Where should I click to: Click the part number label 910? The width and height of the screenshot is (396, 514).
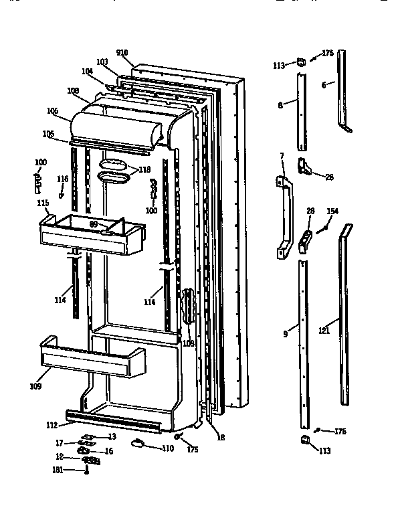coord(121,53)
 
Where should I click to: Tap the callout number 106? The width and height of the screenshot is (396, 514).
coord(53,110)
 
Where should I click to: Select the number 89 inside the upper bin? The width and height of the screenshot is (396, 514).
coord(94,224)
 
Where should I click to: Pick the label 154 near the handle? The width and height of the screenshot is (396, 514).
coord(332,211)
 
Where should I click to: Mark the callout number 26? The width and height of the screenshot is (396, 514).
coord(328,177)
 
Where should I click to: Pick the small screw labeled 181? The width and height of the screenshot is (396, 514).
coord(86,471)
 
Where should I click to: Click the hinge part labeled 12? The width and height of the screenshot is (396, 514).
coord(90,460)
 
